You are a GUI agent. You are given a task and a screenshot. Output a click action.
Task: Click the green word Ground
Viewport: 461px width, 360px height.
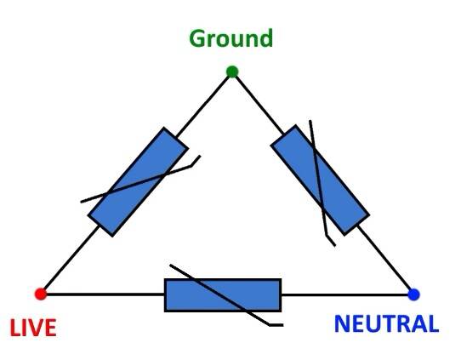(231, 38)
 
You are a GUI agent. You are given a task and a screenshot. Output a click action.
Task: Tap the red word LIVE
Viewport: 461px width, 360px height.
(33, 328)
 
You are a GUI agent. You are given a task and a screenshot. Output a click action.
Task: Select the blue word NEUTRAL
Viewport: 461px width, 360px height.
(387, 323)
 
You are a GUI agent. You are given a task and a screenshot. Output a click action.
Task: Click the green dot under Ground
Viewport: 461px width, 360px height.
(232, 71)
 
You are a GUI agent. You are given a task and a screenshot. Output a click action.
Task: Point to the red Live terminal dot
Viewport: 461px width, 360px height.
(41, 294)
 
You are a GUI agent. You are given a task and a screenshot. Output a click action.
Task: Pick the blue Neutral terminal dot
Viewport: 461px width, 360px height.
(413, 294)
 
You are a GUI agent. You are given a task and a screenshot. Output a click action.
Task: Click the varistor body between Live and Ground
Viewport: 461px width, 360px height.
(138, 182)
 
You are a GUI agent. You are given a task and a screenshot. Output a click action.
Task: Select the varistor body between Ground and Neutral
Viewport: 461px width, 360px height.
(320, 180)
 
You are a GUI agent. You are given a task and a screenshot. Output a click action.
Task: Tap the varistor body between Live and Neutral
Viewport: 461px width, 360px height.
(223, 295)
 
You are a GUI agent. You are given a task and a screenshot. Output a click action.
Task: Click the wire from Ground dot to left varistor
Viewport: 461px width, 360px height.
(203, 106)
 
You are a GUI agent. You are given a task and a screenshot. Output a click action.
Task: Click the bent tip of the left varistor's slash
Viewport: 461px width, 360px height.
(196, 161)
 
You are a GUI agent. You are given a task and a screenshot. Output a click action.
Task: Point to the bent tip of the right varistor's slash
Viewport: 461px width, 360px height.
(331, 241)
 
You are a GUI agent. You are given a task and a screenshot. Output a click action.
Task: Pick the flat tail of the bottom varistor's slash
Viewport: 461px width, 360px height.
(276, 325)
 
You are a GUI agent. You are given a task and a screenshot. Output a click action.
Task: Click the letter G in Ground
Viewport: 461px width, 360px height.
(197, 38)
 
